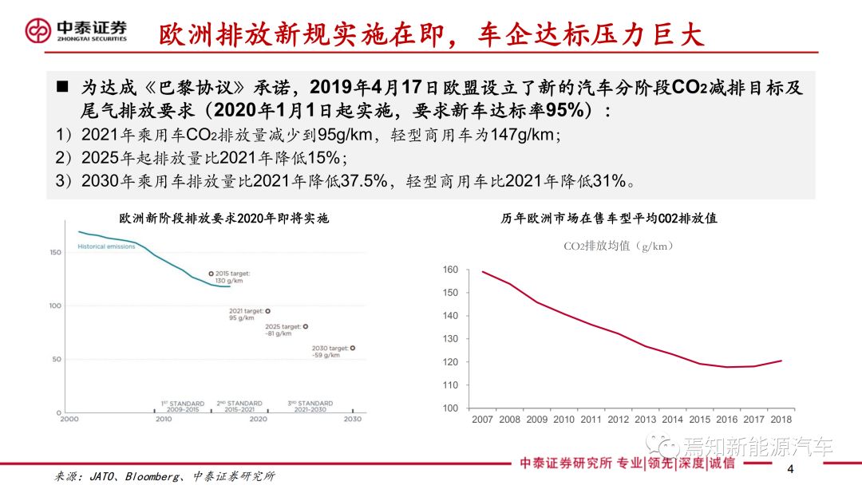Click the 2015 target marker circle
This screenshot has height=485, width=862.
coord(211,274)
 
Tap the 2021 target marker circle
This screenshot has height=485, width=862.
coord(267,311)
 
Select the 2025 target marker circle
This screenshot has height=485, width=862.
coord(305,326)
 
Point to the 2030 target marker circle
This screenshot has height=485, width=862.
coord(353,348)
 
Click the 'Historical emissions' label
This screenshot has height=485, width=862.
coord(106,246)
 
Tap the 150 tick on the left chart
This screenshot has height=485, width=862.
coord(55,252)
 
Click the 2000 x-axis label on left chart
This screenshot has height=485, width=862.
coord(69,420)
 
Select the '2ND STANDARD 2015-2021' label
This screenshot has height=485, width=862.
coord(239,406)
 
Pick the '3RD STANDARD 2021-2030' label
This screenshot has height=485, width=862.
coord(310,406)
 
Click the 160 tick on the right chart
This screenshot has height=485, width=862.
coord(451,270)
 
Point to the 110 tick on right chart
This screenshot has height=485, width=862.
coord(451,385)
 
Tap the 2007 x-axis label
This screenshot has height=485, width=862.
coord(482,420)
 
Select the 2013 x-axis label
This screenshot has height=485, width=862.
coord(645,420)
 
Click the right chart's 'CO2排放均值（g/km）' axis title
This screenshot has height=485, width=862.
coord(618,246)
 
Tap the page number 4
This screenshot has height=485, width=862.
coord(790,467)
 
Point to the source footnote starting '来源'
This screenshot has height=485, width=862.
coord(164,476)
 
